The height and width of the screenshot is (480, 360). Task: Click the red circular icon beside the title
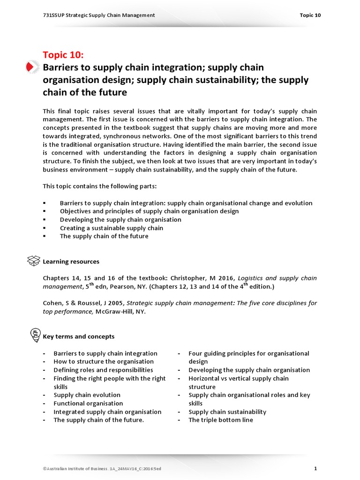(x=31, y=67)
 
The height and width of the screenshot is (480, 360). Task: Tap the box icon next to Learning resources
(x=34, y=261)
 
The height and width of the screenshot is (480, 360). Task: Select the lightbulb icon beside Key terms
(x=34, y=335)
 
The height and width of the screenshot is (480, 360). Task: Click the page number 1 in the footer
(x=315, y=468)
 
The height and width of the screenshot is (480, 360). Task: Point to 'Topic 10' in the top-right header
(x=310, y=15)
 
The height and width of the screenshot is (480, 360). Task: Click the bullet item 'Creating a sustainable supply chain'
(x=112, y=228)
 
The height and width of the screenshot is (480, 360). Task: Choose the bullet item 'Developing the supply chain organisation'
(x=120, y=219)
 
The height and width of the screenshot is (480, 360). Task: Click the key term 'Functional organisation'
(x=88, y=403)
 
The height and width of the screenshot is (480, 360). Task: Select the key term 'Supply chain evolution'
(x=87, y=395)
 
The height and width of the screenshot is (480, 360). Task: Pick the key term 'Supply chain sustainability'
(x=227, y=412)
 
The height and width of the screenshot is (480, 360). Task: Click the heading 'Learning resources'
(x=71, y=262)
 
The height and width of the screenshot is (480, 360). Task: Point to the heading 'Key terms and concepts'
(x=78, y=336)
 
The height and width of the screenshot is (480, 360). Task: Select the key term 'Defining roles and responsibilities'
(x=103, y=370)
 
